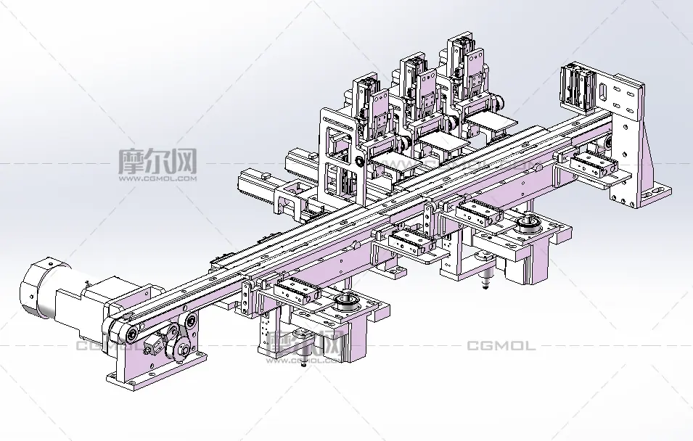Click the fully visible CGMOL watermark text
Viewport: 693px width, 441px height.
(x=500, y=346)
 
